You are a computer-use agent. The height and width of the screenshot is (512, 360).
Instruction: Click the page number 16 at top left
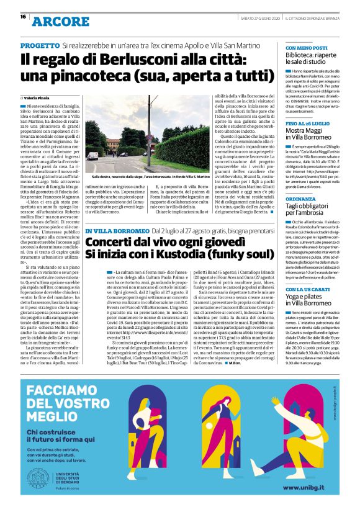23,17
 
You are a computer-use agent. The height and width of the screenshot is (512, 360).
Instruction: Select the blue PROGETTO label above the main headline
40,46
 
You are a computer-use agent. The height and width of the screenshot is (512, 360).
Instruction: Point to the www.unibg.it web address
310,488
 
